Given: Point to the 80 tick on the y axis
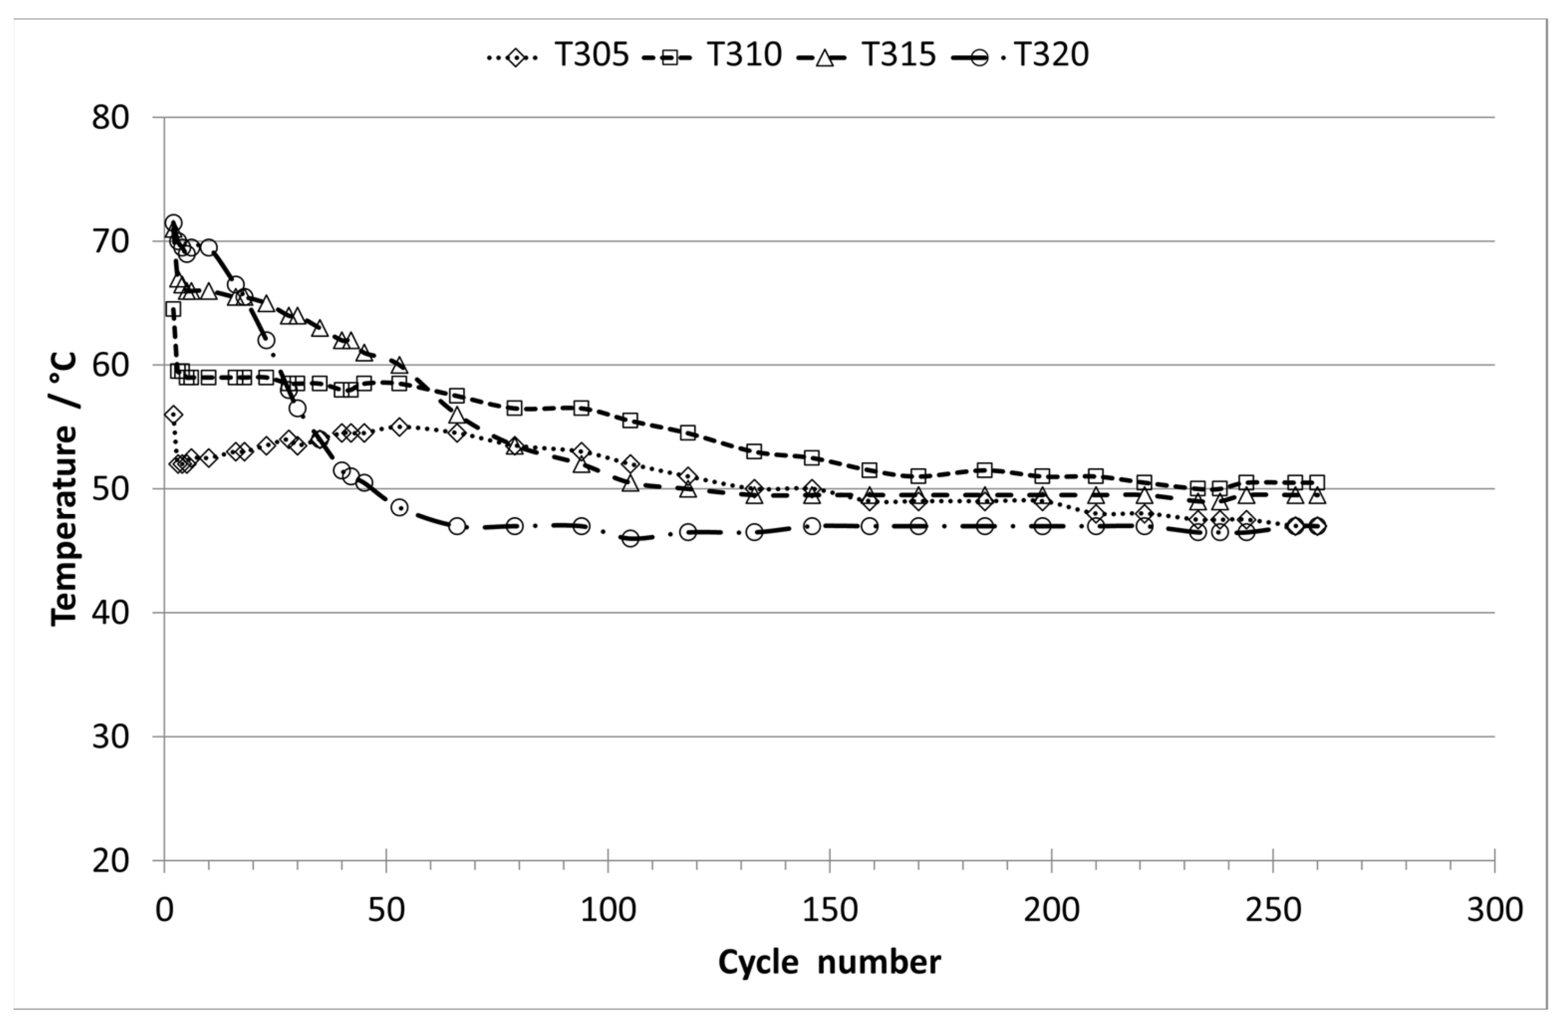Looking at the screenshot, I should pos(110,118).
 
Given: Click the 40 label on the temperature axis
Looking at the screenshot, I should pos(110,613).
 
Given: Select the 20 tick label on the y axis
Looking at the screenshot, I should pos(110,861).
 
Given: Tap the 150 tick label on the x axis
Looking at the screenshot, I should pos(829,911).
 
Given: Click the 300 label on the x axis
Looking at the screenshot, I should pos(1494,911).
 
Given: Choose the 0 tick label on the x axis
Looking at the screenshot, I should pos(164,911).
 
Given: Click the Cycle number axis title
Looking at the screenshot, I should pos(829,963).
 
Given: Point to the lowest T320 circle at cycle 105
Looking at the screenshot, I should pos(630,539).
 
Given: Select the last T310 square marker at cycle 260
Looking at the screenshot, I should pos(1317,482).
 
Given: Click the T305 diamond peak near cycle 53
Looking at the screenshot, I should pos(399,426).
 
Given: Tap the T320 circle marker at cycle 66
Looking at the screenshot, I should pos(457,526).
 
